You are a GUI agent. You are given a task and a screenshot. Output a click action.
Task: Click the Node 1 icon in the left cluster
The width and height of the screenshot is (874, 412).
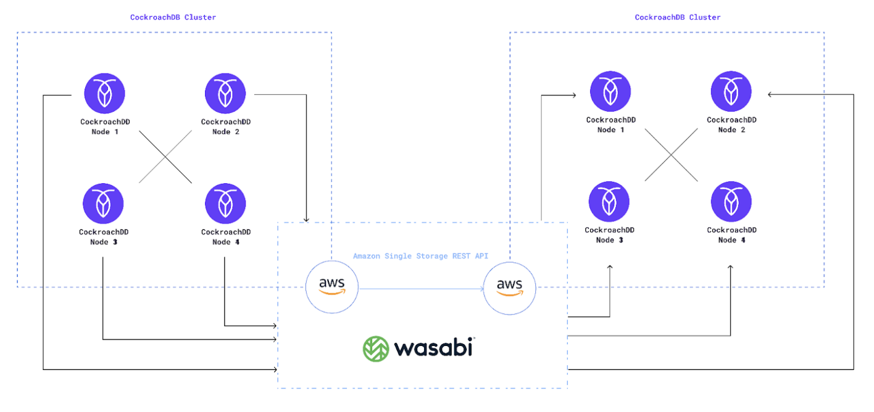pyautogui.click(x=104, y=94)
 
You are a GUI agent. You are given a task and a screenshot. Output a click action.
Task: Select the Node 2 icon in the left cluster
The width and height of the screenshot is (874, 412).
pyautogui.click(x=225, y=94)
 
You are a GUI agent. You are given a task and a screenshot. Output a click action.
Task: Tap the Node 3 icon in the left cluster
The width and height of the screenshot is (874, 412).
pyautogui.click(x=103, y=204)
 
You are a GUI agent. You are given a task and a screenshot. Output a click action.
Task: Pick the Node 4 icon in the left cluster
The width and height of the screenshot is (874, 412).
pyautogui.click(x=225, y=204)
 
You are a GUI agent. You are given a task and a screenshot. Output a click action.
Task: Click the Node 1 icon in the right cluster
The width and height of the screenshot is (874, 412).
pyautogui.click(x=610, y=92)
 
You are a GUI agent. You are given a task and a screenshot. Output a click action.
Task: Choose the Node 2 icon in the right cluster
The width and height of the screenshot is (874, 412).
pyautogui.click(x=731, y=92)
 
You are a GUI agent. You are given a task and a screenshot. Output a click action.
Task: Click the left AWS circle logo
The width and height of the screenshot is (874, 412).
pyautogui.click(x=332, y=287)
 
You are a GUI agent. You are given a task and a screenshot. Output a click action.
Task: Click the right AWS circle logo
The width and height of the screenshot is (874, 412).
pyautogui.click(x=510, y=287)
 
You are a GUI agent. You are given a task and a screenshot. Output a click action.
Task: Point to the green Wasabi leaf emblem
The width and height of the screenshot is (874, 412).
pyautogui.click(x=375, y=348)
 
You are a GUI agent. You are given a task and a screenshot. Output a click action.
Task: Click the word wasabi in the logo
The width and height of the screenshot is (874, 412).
pyautogui.click(x=433, y=348)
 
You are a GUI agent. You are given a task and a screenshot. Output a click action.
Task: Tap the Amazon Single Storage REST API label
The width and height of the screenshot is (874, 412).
pyautogui.click(x=420, y=256)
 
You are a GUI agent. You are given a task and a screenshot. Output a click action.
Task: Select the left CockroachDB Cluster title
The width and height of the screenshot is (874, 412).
pyautogui.click(x=173, y=17)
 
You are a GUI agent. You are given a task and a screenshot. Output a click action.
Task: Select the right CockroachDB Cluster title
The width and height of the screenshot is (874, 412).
pyautogui.click(x=678, y=17)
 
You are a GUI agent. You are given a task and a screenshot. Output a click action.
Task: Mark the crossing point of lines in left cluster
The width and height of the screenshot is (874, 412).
pyautogui.click(x=165, y=157)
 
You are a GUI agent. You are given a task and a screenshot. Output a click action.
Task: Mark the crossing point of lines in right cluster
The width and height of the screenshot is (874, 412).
pyautogui.click(x=671, y=155)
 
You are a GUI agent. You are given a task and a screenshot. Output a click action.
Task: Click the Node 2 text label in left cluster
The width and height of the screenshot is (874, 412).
pyautogui.click(x=225, y=131)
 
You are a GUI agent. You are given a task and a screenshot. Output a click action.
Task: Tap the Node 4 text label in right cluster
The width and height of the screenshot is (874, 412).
pyautogui.click(x=731, y=240)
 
